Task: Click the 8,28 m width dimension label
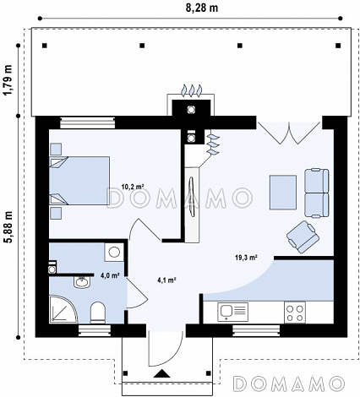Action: coord(202,8)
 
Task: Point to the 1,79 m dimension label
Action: coord(8,80)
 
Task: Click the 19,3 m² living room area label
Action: coord(247,257)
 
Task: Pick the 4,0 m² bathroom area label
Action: coord(110,275)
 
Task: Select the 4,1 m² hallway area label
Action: coord(166,280)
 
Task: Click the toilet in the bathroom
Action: coord(98,312)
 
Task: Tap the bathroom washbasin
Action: coord(82,282)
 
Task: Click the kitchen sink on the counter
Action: coord(232,312)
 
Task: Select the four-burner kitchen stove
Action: coord(295,313)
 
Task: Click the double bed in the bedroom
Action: coord(79,181)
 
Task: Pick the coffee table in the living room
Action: coord(283,193)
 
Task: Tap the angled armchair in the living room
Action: coord(303,237)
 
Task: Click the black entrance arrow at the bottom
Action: coord(161,373)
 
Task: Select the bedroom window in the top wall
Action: coord(88,123)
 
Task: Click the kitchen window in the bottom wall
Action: coord(256,330)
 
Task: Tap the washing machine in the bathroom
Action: coord(114,252)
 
